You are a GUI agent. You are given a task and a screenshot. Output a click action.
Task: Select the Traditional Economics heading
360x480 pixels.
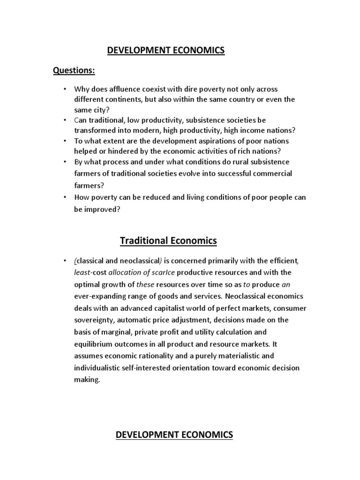point(168,241)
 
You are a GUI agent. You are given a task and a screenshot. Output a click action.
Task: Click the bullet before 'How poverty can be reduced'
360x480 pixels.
point(64,197)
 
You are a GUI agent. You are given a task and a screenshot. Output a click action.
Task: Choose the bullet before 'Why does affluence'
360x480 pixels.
point(64,89)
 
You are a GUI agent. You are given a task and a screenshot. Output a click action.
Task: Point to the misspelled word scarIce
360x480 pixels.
point(164,272)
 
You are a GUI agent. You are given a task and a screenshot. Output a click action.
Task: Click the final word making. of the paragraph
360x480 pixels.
point(87,380)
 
